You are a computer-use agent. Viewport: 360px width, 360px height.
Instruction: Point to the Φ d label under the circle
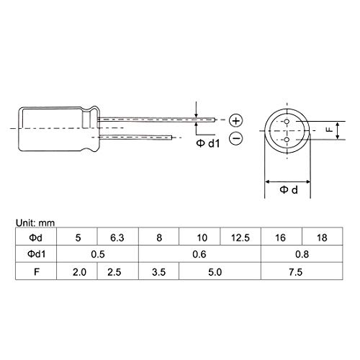289,190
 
